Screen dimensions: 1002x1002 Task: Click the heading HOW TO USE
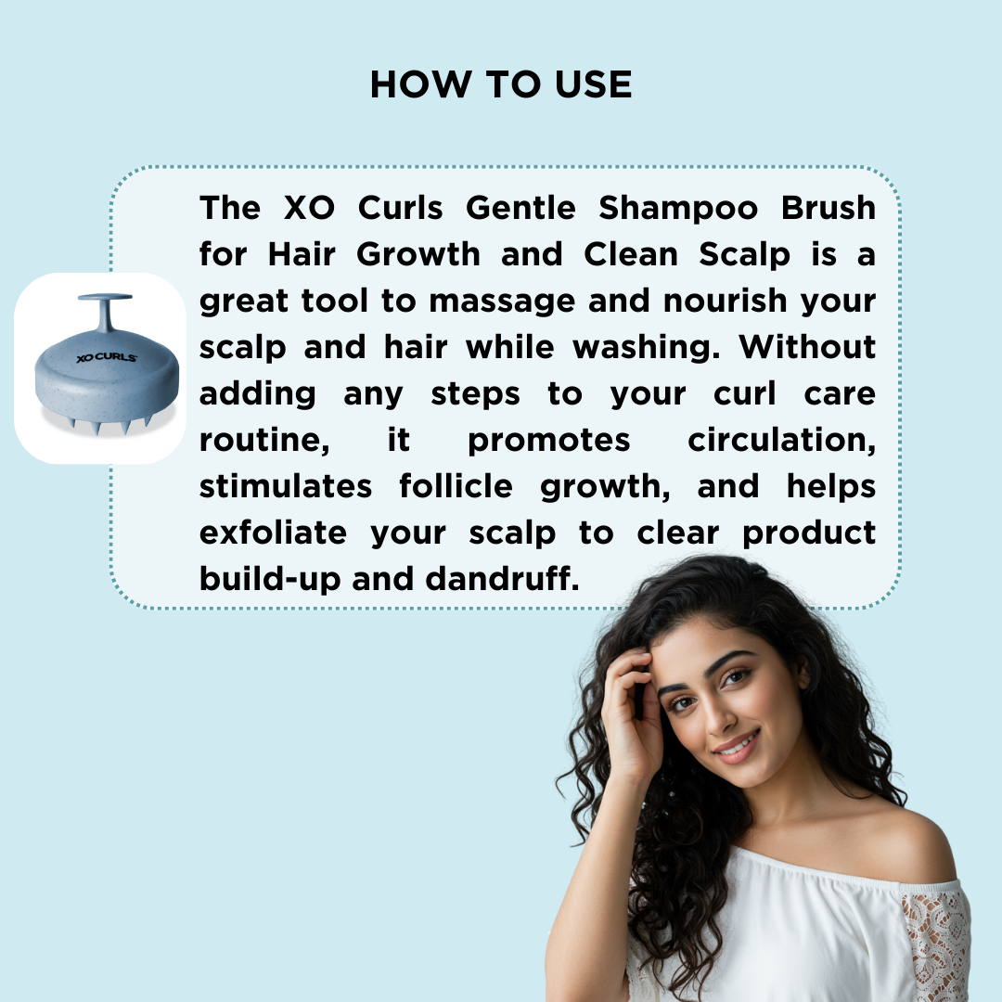(501, 84)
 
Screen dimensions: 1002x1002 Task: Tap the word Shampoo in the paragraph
(678, 209)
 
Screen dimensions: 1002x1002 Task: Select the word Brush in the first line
(829, 208)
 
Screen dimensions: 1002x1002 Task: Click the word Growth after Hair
(417, 254)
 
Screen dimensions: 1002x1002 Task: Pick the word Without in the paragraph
(807, 347)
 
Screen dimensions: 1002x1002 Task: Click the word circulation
(781, 441)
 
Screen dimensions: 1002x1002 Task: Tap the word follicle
(456, 486)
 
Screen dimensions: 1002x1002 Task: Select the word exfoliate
(273, 533)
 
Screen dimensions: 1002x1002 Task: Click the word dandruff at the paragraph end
(502, 579)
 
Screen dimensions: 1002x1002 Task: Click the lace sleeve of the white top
(935, 944)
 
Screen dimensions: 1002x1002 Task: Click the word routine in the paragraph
(263, 441)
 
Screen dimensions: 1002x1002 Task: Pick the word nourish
(726, 301)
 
